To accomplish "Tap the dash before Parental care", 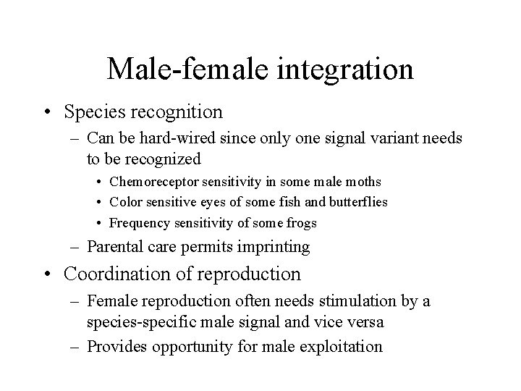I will pyautogui.click(x=76, y=248).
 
